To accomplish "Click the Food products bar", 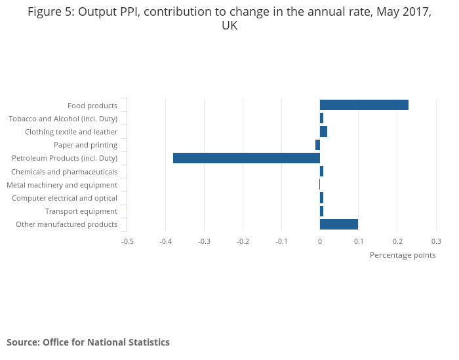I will [364, 105].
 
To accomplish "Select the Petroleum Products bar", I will [247, 158].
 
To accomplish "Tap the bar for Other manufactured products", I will [339, 224].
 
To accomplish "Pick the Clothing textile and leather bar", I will [323, 132].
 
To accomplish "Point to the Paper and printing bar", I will [317, 145].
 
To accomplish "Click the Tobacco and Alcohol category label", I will [63, 119].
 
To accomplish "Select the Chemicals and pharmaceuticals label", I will [64, 172].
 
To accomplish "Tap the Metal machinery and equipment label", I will [62, 185].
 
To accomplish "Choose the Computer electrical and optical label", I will [65, 198].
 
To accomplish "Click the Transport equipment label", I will [81, 211].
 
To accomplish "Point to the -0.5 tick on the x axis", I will [127, 241].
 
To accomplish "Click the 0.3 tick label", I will [435, 241].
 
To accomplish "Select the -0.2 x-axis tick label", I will [243, 241].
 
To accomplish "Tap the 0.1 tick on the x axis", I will [359, 241].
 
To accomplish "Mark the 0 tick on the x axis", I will [320, 241].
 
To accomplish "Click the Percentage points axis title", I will [403, 255].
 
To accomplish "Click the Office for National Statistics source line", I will [88, 342].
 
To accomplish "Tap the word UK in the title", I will [229, 26].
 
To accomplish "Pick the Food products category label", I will [92, 106].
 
